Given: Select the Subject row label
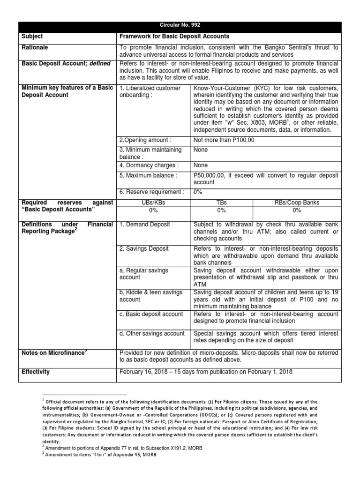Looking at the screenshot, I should point(33,36).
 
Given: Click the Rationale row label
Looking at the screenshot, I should point(35,47).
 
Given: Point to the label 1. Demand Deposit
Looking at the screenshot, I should point(142,225).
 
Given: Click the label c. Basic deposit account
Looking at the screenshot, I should point(150,314).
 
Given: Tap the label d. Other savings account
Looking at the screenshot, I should point(152,333).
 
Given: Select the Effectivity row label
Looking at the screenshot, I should point(36,372).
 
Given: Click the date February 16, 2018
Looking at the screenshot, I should point(145,372).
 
